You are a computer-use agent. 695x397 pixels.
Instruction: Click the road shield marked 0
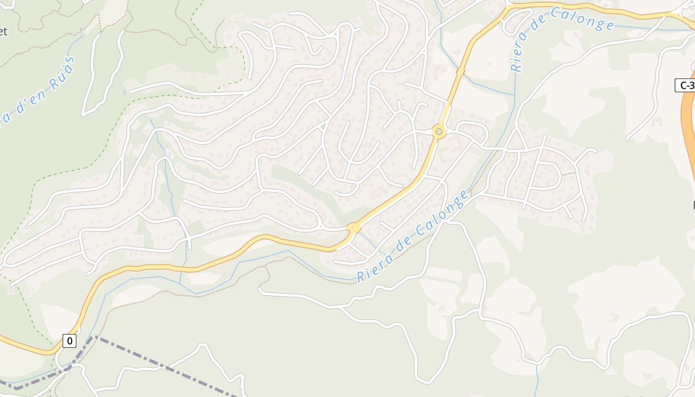(69, 341)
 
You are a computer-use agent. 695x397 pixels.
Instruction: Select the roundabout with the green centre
(439, 132)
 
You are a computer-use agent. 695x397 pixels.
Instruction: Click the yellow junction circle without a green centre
(353, 228)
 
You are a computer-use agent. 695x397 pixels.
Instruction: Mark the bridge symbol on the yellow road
(460, 72)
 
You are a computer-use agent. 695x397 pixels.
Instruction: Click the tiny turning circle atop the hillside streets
(337, 34)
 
